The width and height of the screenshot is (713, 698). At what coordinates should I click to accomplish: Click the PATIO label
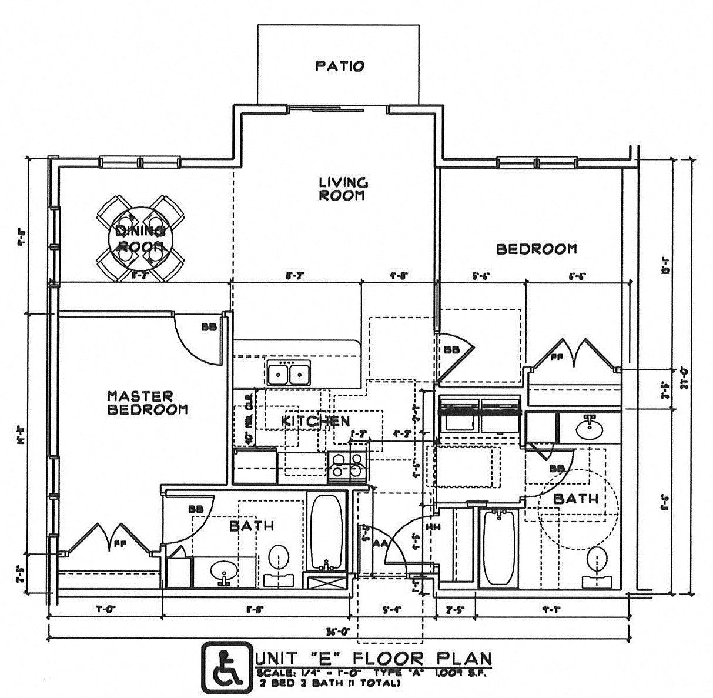pyautogui.click(x=339, y=65)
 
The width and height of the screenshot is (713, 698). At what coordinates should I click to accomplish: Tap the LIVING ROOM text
pyautogui.click(x=343, y=189)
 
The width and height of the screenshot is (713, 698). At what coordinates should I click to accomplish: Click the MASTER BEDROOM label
pyautogui.click(x=148, y=402)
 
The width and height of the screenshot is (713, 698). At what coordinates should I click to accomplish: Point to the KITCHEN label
pyautogui.click(x=315, y=421)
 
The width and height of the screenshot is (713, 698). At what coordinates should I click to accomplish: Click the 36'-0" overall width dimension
pyautogui.click(x=339, y=632)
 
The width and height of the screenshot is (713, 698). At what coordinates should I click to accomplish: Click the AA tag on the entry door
pyautogui.click(x=379, y=544)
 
